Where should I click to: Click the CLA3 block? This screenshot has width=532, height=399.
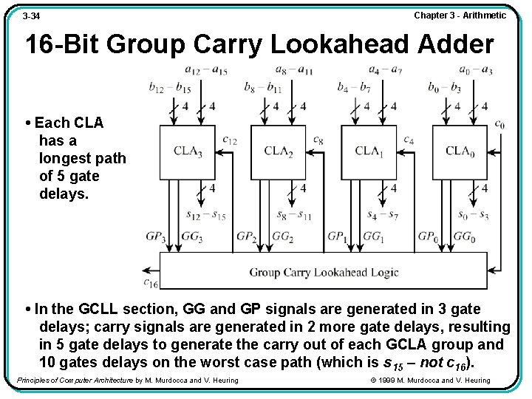pos(188,151)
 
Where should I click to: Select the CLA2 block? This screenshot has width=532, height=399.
pos(279,151)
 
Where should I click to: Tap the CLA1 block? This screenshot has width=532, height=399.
pos(369,151)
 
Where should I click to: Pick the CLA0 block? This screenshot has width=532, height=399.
pos(460,151)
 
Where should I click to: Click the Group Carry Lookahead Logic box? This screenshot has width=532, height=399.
pos(324,271)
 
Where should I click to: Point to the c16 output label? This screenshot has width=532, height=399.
pos(150,282)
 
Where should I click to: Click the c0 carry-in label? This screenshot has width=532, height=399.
pos(500,124)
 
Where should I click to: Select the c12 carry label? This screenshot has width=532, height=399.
pos(229,139)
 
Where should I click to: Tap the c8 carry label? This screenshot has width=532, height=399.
pos(318,139)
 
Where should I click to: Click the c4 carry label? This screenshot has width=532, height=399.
pos(409,139)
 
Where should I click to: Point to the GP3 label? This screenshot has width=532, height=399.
pos(156,237)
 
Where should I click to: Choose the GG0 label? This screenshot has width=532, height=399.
pos(464,237)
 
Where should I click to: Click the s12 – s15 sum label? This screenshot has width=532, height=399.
pos(206,216)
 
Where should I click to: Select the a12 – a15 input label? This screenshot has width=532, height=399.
pos(206,70)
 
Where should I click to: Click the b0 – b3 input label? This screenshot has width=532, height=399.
pos(444,88)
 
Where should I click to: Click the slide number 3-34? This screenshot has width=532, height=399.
pos(31,16)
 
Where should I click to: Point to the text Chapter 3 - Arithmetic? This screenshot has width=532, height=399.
pos(460,15)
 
